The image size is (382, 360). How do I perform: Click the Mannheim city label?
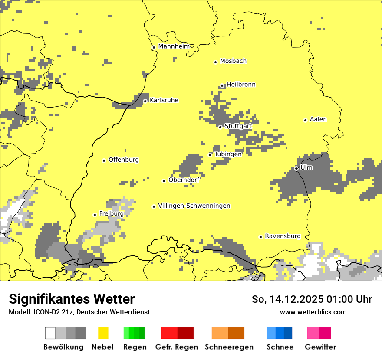(x=174, y=46)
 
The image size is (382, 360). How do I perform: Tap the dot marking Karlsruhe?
(x=145, y=101)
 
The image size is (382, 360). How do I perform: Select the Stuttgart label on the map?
(x=238, y=126)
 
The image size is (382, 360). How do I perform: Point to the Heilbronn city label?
(x=241, y=85)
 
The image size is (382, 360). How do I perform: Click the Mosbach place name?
(x=233, y=61)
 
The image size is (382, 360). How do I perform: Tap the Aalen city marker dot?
(x=305, y=120)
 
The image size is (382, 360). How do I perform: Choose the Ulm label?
(x=306, y=167)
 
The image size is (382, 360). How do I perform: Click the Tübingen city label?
(x=228, y=154)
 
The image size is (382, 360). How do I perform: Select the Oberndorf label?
(x=184, y=180)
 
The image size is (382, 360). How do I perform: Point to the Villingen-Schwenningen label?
(x=194, y=206)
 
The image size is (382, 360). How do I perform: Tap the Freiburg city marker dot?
(x=95, y=215)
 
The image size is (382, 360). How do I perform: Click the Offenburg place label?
(x=124, y=160)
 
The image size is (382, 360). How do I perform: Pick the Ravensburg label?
(x=283, y=236)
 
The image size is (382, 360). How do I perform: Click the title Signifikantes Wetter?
(x=72, y=299)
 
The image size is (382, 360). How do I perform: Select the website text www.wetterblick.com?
(x=313, y=312)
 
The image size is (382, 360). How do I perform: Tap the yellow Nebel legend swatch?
(x=103, y=333)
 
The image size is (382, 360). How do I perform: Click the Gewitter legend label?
(x=320, y=347)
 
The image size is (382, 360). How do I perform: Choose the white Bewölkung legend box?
(x=50, y=333)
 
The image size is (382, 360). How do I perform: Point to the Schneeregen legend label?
(x=229, y=347)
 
